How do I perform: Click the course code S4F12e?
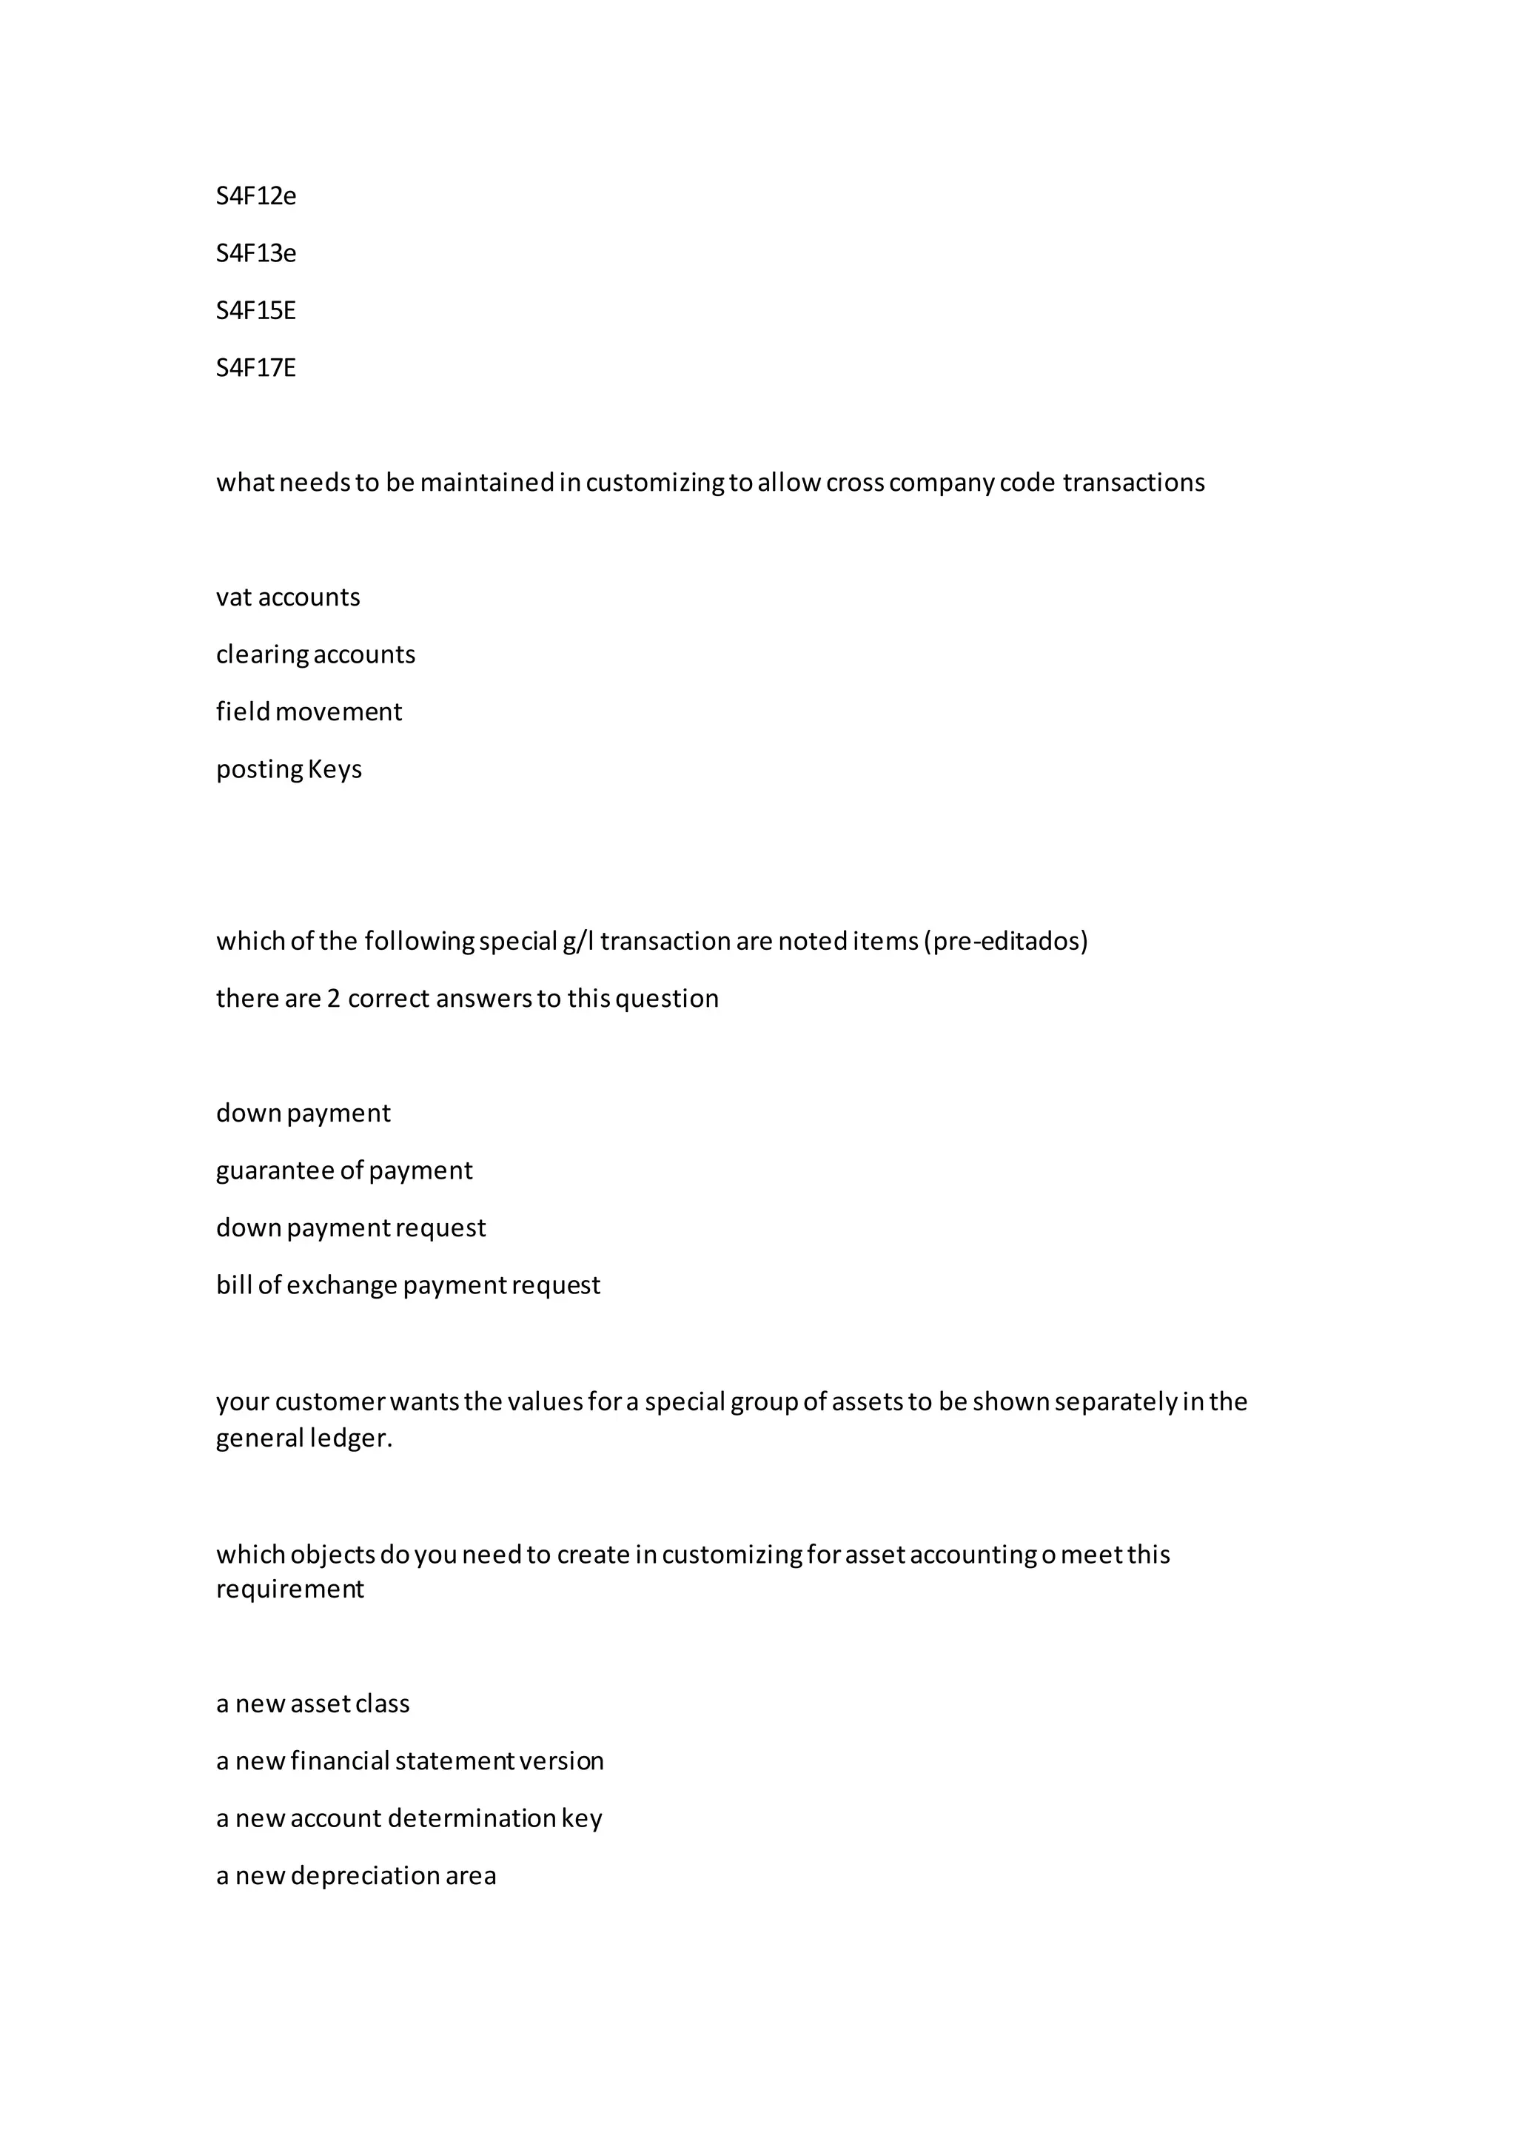click(x=256, y=196)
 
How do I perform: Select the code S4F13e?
click(x=256, y=253)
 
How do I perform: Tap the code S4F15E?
click(x=256, y=310)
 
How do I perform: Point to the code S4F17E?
click(x=256, y=368)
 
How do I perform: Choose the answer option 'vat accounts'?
click(x=287, y=597)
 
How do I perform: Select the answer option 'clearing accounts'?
click(x=315, y=654)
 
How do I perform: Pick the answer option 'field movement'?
click(x=309, y=711)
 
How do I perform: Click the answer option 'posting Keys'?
click(x=289, y=769)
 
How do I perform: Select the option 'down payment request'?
click(x=350, y=1228)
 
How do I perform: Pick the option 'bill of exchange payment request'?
click(x=408, y=1285)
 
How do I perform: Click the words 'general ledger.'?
click(x=304, y=1438)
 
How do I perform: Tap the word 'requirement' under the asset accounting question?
click(x=289, y=1589)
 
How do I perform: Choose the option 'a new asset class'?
click(x=312, y=1704)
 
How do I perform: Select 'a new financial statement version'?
click(x=410, y=1761)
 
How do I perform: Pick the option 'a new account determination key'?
click(x=409, y=1818)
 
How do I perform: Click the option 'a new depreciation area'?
click(x=355, y=1875)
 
